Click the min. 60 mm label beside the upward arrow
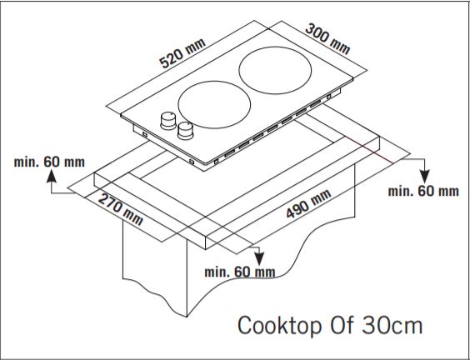[x=49, y=159]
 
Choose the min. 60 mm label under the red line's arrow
[x=423, y=191]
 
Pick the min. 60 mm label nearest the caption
[x=240, y=272]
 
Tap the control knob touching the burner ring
[x=185, y=129]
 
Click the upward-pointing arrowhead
[x=52, y=175]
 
